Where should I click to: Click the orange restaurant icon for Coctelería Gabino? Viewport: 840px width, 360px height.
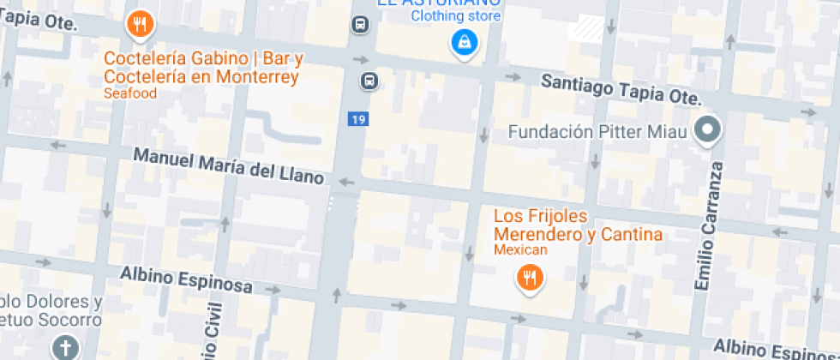139,24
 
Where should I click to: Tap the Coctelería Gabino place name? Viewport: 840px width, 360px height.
201,68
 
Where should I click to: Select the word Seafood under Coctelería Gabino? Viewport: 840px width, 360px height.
130,93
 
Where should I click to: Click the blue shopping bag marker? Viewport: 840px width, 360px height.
465,41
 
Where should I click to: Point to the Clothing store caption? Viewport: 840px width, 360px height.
455,15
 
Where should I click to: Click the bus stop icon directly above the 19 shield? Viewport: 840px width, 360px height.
369,81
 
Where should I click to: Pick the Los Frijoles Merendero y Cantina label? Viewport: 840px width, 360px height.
578,225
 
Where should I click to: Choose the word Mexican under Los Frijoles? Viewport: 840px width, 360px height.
519,249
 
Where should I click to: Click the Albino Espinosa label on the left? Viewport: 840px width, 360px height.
184,279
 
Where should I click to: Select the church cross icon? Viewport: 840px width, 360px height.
65,346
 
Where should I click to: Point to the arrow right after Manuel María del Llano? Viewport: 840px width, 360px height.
347,182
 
